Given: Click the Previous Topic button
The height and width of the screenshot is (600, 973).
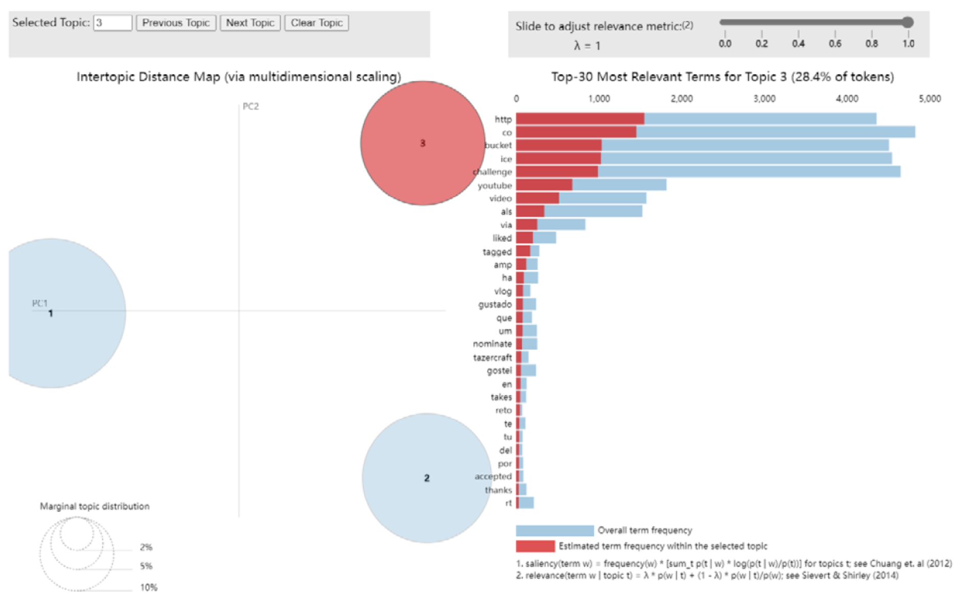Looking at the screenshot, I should click(x=175, y=23).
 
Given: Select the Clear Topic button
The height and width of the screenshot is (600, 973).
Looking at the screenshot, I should click(x=316, y=23).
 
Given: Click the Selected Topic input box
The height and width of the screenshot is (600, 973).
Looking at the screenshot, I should click(x=113, y=23).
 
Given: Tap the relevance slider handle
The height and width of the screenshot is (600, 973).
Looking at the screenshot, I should click(x=908, y=22).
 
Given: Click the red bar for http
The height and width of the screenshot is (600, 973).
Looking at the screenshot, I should click(x=580, y=119).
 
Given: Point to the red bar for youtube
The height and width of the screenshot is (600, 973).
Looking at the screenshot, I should click(x=544, y=185).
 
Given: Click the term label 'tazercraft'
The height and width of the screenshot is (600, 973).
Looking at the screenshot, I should click(x=492, y=358).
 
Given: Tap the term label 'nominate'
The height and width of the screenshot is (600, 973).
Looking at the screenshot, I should click(x=492, y=344).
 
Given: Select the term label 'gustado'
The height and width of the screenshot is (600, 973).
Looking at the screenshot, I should click(x=495, y=304).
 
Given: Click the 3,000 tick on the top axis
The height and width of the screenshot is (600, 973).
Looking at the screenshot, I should click(x=764, y=99).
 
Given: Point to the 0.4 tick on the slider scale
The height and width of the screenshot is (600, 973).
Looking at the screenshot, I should click(x=798, y=43).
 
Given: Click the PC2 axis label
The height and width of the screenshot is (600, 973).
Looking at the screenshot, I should click(x=251, y=106).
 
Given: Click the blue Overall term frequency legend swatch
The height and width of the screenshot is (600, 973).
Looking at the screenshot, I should click(x=555, y=530).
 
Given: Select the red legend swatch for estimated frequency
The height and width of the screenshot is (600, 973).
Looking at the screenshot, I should click(x=535, y=546).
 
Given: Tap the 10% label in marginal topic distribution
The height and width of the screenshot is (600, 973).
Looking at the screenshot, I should click(x=149, y=587).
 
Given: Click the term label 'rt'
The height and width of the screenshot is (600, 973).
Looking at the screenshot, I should click(x=508, y=503).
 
